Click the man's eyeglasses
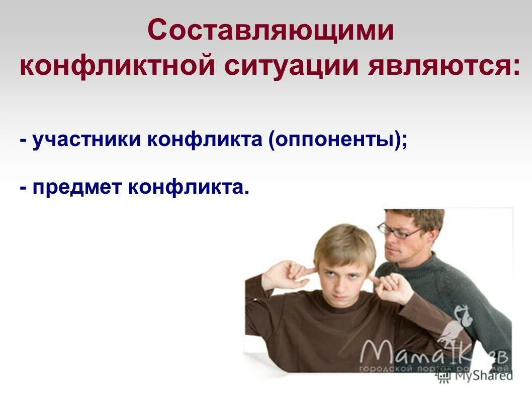pos(399,231)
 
